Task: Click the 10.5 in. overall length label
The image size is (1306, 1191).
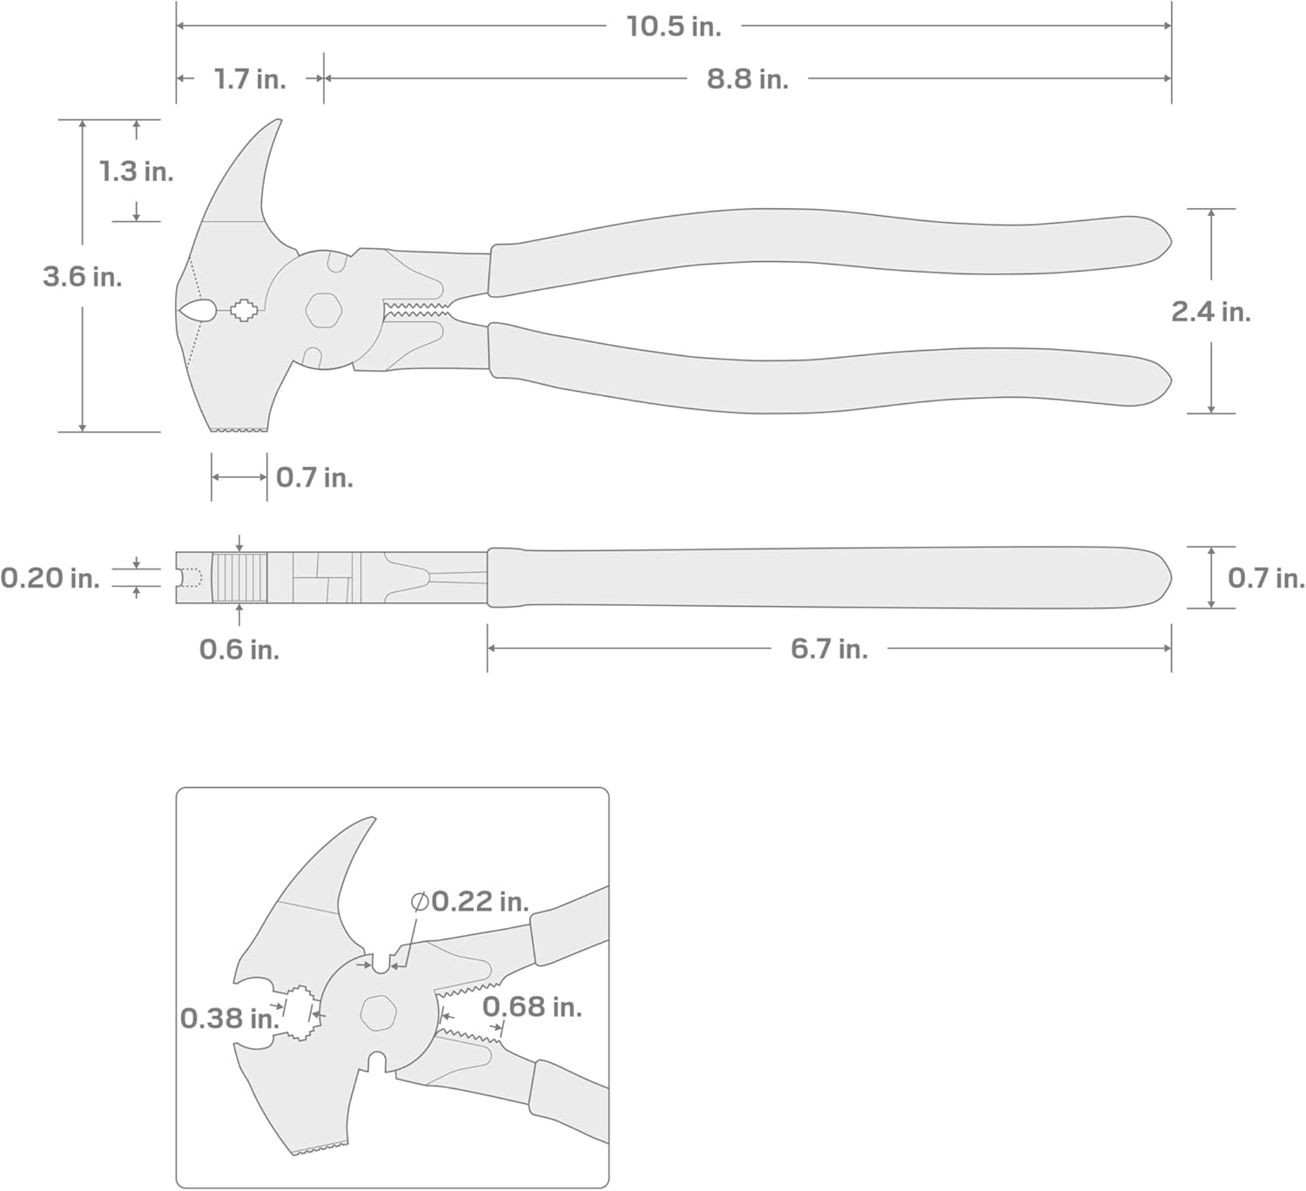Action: pos(673,27)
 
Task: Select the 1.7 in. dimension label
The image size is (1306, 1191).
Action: pos(250,79)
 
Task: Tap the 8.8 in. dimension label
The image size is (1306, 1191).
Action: pos(747,79)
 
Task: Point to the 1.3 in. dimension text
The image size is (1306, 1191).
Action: pos(136,172)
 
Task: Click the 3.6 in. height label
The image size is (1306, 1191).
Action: pos(83,277)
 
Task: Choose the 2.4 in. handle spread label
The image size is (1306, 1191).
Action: pos(1210,311)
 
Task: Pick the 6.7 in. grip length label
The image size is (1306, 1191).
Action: pos(829,649)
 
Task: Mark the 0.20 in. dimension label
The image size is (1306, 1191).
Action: pos(50,577)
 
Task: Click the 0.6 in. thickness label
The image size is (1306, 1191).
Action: pos(239,649)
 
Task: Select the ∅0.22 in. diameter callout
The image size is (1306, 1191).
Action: pos(470,901)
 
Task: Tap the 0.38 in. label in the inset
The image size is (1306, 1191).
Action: pos(228,1018)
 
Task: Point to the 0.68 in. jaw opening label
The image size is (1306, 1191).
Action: pos(532,1007)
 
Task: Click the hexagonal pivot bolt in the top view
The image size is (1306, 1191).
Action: pos(323,309)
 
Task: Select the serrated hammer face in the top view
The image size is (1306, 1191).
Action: pos(239,427)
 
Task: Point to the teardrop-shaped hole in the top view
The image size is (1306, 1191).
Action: pos(198,309)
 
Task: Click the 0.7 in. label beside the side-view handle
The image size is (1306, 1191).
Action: pos(1265,577)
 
